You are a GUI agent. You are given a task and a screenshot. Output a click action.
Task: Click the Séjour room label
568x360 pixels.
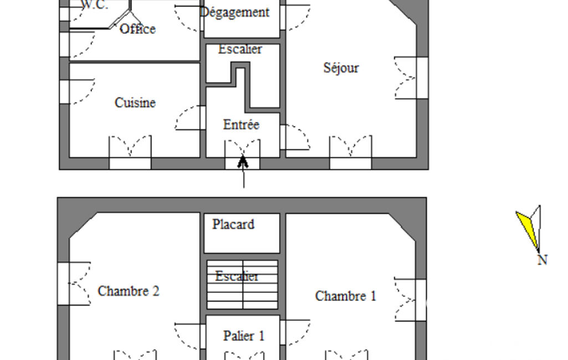(341, 68)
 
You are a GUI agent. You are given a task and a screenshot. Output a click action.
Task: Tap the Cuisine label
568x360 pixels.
(135, 102)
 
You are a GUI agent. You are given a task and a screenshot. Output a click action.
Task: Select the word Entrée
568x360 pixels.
(241, 125)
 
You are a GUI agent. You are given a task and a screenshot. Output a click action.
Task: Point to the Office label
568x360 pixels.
(137, 29)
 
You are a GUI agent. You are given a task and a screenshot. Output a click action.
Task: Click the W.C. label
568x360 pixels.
(95, 5)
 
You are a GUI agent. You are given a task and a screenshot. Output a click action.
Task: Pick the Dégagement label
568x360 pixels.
(235, 12)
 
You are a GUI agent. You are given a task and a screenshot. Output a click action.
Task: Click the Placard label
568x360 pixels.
(233, 224)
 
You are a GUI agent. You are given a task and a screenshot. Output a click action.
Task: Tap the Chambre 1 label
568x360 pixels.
(346, 296)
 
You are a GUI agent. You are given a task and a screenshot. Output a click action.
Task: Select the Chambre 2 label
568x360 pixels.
(129, 291)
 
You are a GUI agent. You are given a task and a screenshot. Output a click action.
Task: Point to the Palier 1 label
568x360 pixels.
(244, 336)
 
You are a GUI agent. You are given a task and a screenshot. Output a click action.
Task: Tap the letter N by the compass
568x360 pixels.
(543, 260)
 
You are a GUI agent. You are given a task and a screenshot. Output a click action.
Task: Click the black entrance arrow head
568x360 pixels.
(243, 162)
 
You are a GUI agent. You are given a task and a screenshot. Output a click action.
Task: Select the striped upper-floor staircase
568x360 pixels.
(242, 285)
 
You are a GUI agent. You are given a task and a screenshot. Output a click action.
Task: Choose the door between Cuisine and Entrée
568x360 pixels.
(190, 118)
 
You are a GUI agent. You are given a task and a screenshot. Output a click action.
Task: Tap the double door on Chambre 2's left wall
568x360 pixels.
(74, 284)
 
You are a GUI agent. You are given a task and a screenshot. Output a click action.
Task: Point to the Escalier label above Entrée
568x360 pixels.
(240, 49)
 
